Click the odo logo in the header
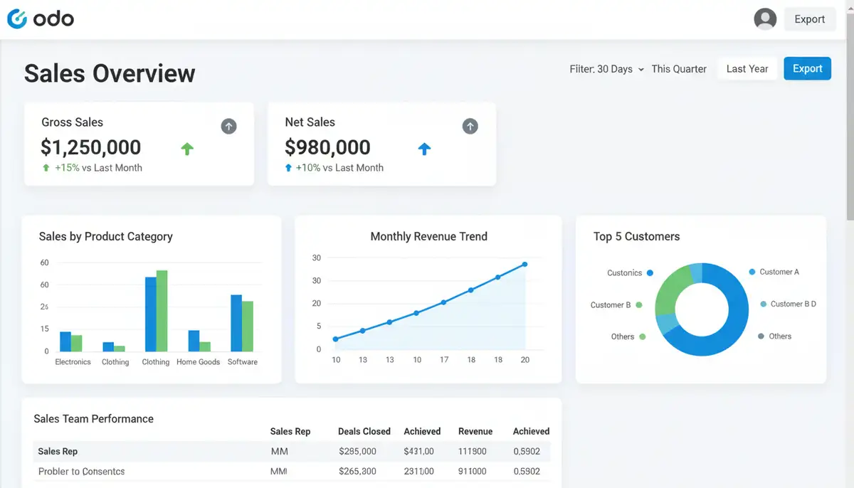[41, 19]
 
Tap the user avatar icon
[765, 19]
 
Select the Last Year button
[747, 69]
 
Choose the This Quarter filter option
[679, 69]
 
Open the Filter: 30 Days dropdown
[606, 69]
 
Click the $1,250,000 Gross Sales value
[91, 147]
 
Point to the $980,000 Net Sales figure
[327, 147]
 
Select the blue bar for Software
[236, 323]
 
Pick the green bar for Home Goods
[205, 346]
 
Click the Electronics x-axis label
[73, 362]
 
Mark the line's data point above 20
[524, 265]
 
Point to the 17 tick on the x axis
[444, 360]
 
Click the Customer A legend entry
[779, 272]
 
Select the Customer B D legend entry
[793, 304]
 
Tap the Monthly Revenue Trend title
[428, 237]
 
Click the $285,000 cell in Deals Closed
[357, 451]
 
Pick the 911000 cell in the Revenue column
[473, 471]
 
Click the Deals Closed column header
[364, 431]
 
